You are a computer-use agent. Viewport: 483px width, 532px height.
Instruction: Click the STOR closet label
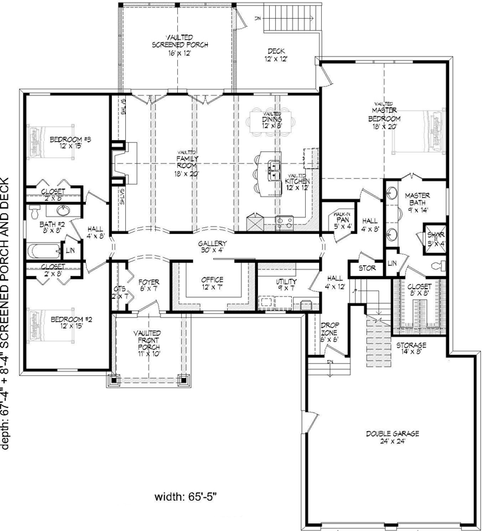(367, 269)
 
